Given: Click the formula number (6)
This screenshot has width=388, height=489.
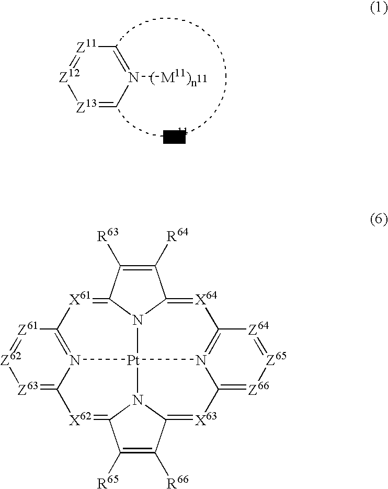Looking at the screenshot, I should [378, 220].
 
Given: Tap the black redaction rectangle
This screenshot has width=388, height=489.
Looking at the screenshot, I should [174, 138].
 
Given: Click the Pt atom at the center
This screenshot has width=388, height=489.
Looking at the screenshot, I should [136, 360].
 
